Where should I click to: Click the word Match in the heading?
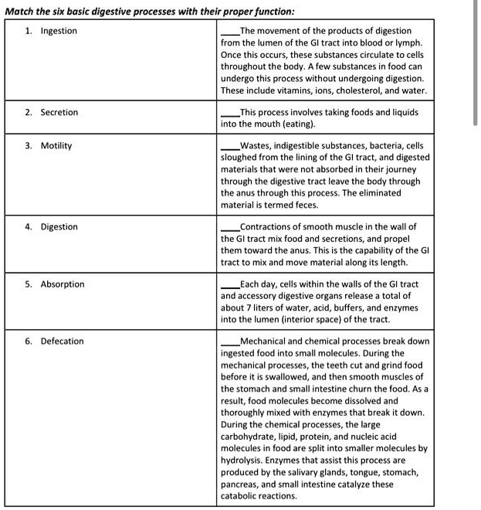click(x=22, y=11)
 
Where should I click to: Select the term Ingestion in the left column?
click(x=59, y=31)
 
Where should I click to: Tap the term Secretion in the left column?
click(x=59, y=113)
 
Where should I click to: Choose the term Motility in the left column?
click(x=56, y=146)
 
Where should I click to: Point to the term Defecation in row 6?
click(x=62, y=342)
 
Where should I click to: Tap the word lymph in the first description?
click(x=410, y=43)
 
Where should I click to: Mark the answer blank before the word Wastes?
click(x=230, y=147)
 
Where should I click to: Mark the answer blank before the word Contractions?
click(x=230, y=228)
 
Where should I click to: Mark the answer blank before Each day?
click(x=230, y=285)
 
